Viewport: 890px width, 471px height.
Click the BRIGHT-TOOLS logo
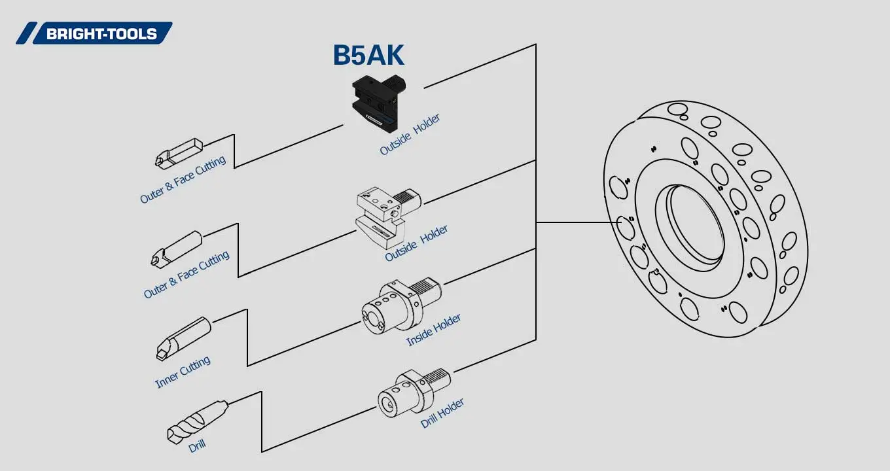(95, 33)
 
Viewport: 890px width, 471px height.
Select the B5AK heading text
(368, 56)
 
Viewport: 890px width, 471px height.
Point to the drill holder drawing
(412, 392)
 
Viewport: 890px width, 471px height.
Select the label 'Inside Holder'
(433, 330)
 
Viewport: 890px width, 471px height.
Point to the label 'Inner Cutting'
(183, 372)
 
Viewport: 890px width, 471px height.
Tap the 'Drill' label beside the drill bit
(197, 446)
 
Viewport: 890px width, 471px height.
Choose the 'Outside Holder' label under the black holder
(410, 135)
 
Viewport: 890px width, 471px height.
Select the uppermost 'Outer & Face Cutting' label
(183, 179)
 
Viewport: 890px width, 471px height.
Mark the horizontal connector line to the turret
(576, 222)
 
